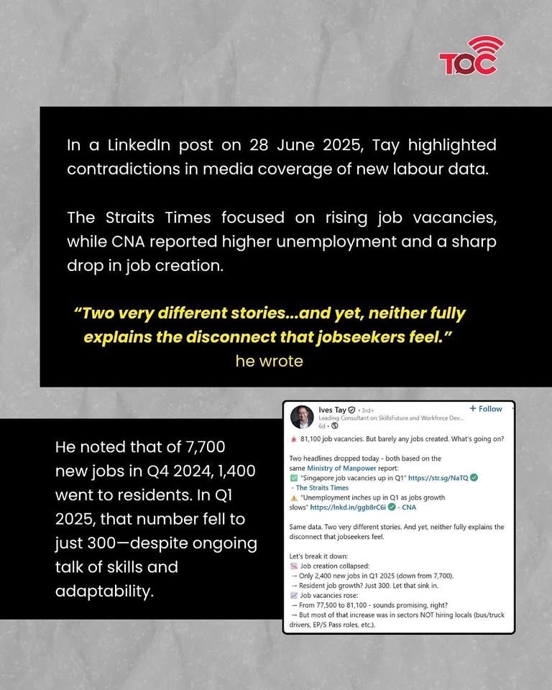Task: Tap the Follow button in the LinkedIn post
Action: point(486,409)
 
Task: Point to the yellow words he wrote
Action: point(269,361)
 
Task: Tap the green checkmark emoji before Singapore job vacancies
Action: point(293,478)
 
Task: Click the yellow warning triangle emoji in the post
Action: point(293,497)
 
